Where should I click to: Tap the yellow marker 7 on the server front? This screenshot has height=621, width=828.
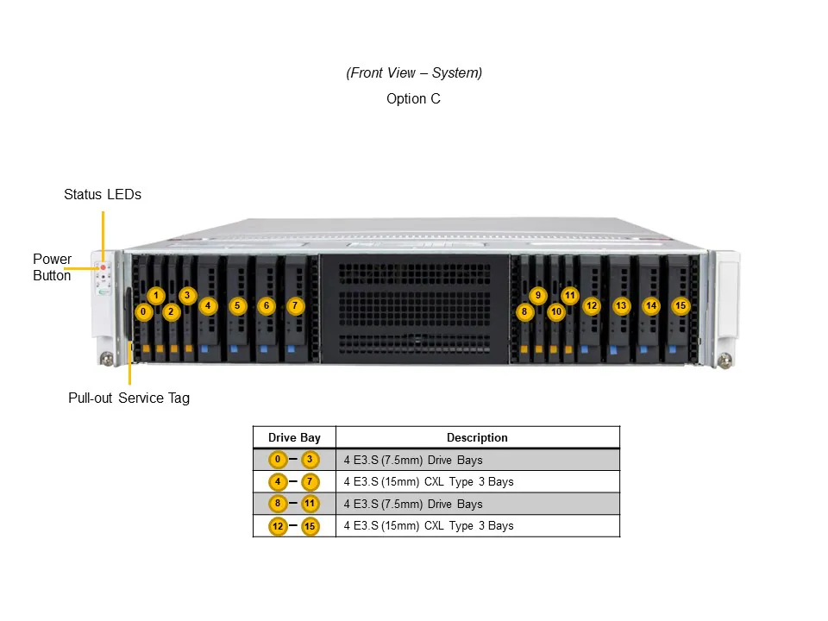click(295, 305)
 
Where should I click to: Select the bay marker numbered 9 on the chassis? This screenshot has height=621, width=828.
click(538, 296)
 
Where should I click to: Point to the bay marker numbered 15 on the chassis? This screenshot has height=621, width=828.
click(681, 305)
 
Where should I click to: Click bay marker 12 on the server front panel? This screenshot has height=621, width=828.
click(591, 305)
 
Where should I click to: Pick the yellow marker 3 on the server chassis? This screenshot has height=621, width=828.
click(187, 296)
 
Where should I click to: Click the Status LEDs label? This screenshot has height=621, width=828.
click(103, 195)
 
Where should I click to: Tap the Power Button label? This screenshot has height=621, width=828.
click(52, 267)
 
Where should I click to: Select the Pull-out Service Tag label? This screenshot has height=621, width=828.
click(129, 398)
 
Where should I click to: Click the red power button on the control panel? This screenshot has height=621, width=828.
click(103, 268)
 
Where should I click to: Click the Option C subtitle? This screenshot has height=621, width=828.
click(413, 99)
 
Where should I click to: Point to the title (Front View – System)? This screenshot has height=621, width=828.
click(414, 73)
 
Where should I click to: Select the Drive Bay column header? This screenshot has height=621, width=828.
click(294, 438)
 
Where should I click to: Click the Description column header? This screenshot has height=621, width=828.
click(477, 438)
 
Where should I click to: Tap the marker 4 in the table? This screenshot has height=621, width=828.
click(278, 481)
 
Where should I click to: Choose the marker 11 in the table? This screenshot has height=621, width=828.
click(310, 504)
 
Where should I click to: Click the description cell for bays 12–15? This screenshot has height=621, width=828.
click(429, 526)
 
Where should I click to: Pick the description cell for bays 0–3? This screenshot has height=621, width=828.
click(413, 460)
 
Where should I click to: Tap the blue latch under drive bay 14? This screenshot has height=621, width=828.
click(643, 350)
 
